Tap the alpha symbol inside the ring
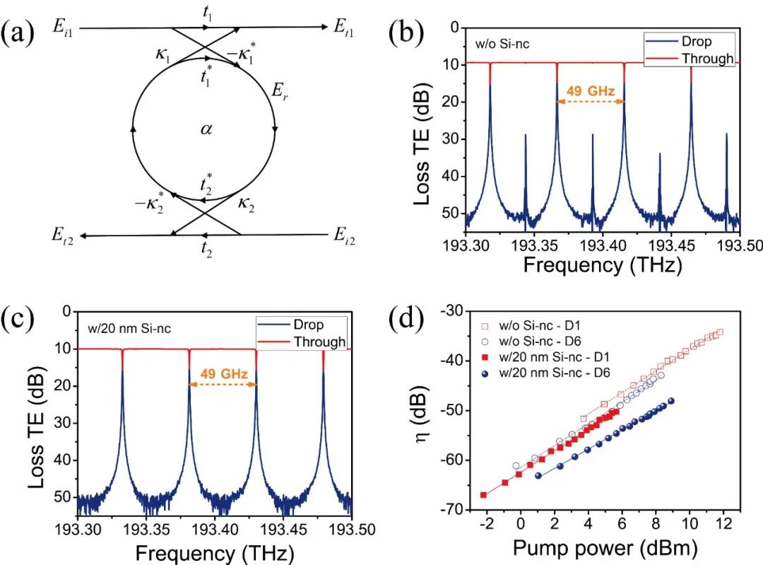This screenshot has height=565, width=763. point(206,130)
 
